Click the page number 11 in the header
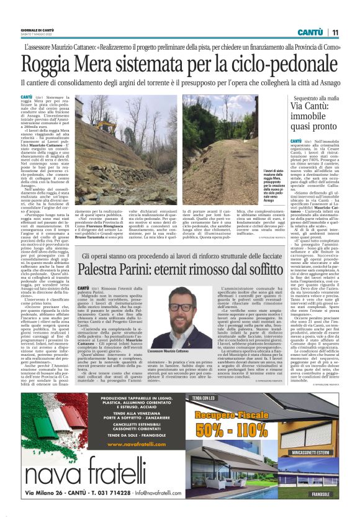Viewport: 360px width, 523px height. coord(335,32)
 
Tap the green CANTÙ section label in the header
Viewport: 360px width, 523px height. coord(310,32)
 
